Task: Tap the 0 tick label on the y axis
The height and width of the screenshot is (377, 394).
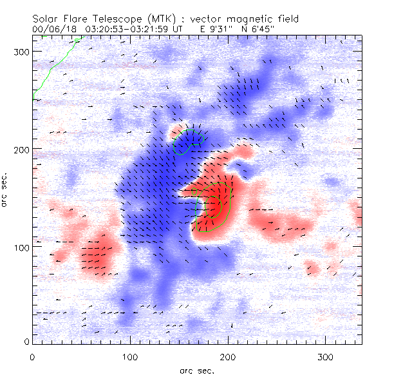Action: pyautogui.click(x=26, y=342)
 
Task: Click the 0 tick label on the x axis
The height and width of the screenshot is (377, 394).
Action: pyautogui.click(x=32, y=356)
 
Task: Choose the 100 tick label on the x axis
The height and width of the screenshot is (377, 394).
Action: pyautogui.click(x=131, y=356)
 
